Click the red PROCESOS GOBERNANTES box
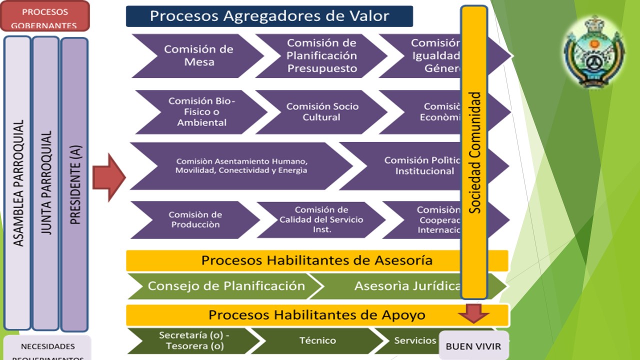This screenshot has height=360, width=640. click(x=45, y=16)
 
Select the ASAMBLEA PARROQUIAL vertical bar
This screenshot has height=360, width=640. click(x=17, y=182)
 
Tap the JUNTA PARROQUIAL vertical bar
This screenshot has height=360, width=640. click(x=46, y=182)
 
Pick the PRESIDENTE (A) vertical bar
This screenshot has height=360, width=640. click(x=74, y=184)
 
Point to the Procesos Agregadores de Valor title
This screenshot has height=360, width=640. click(x=269, y=16)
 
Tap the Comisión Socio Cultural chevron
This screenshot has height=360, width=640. click(x=322, y=111)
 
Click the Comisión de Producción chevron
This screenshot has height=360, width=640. click(x=195, y=219)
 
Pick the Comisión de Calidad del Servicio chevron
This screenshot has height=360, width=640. click(x=321, y=219)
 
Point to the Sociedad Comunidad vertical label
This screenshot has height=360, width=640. click(x=474, y=152)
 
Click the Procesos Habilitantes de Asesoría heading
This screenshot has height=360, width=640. click(x=316, y=260)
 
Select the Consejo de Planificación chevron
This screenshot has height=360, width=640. click(x=225, y=286)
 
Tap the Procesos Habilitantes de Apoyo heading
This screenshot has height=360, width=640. click(x=316, y=315)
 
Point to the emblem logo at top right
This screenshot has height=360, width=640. click(x=594, y=52)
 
